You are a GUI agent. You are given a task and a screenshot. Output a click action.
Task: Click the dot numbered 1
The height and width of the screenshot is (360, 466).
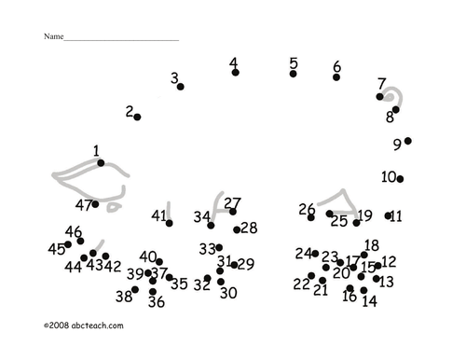click(101, 163)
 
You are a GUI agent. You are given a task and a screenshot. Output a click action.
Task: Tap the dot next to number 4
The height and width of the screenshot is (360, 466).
click(236, 73)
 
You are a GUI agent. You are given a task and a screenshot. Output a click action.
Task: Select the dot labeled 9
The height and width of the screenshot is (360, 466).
click(408, 141)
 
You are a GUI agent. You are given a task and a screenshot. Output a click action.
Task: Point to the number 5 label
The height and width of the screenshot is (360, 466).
click(294, 63)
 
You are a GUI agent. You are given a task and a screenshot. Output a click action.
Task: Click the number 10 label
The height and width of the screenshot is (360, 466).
click(389, 177)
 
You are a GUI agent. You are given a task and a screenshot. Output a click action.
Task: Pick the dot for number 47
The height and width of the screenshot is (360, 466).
click(95, 204)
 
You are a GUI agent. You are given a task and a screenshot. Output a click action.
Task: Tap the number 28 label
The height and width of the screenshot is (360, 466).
click(249, 228)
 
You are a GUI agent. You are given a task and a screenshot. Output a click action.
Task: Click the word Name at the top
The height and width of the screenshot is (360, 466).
click(53, 36)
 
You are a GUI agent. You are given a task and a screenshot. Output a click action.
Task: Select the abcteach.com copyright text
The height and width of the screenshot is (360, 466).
click(84, 325)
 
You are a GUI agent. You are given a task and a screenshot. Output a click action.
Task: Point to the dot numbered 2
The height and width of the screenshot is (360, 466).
click(137, 117)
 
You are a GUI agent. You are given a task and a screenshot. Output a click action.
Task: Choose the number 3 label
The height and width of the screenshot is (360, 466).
click(174, 77)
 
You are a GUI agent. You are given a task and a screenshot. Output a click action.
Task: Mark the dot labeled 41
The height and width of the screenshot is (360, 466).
click(170, 223)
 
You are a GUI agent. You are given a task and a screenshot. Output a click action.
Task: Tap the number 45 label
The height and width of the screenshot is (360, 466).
click(57, 249)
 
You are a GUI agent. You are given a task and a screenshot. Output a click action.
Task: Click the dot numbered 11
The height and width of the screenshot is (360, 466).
click(388, 215)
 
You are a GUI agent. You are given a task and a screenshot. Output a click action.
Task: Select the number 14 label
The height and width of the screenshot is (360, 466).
click(370, 301)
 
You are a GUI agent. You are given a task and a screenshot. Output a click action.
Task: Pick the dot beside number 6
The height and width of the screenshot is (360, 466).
click(336, 77)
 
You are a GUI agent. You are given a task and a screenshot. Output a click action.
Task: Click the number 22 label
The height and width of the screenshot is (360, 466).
click(301, 284)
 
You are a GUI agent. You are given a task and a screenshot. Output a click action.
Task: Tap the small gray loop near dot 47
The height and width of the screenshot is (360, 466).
click(113, 207)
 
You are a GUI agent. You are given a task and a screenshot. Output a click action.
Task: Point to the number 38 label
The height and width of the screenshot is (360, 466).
click(124, 297)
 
